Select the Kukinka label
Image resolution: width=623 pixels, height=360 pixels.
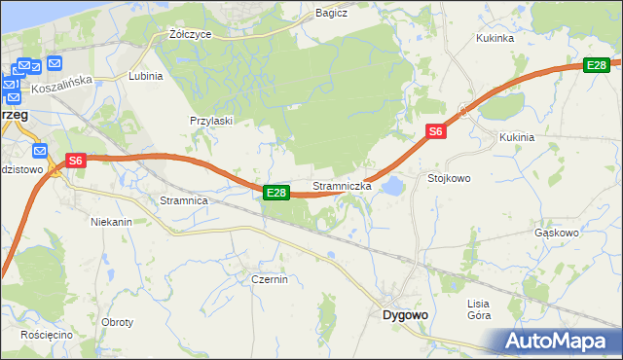click(x=495, y=39)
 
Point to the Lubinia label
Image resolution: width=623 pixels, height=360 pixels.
click(x=145, y=75)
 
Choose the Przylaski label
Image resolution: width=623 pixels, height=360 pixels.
click(x=210, y=121)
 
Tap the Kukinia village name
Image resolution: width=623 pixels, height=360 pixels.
click(x=517, y=137)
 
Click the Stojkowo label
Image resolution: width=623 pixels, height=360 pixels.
click(x=449, y=179)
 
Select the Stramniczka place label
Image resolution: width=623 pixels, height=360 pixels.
click(x=342, y=186)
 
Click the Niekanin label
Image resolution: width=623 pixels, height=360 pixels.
click(x=111, y=222)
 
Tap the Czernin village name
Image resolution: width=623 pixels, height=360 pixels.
click(x=269, y=279)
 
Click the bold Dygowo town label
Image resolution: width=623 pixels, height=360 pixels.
click(x=407, y=315)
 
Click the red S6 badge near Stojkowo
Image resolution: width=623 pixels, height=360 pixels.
click(x=435, y=131)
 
